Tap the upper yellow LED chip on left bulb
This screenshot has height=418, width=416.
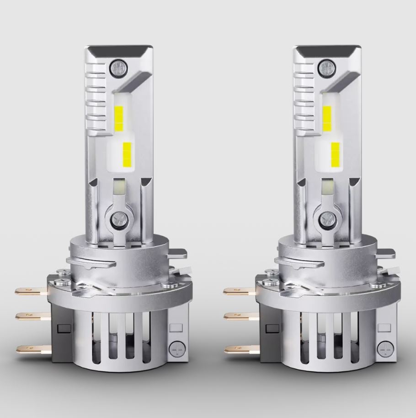(x=119, y=116)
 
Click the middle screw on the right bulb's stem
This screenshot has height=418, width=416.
(x=326, y=218)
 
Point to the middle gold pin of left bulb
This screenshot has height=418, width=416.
(x=30, y=315)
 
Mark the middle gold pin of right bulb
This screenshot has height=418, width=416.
(x=238, y=315)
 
